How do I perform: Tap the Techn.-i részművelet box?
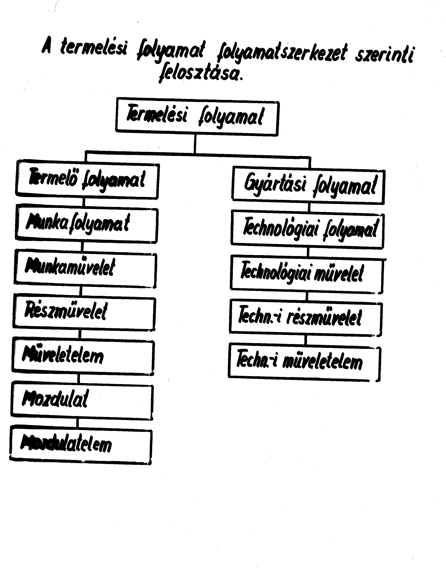(x=306, y=318)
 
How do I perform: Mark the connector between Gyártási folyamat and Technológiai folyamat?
(x=309, y=207)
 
